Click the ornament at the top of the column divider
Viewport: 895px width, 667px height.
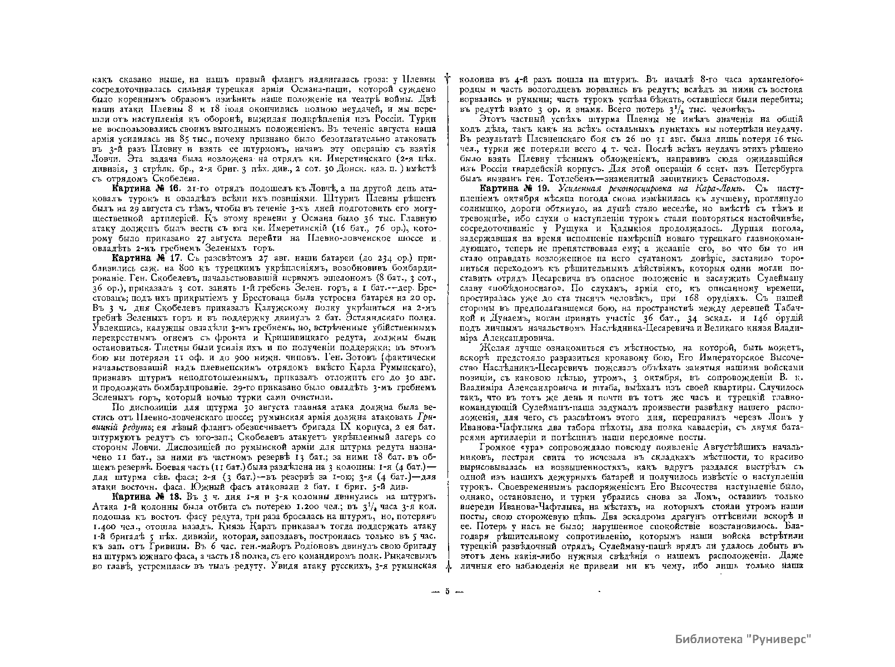(x=447, y=81)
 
